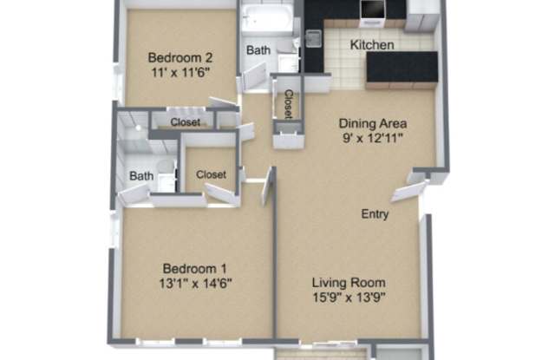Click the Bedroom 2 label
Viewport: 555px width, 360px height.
[x=180, y=57]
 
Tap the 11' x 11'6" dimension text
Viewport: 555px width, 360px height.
[x=180, y=73]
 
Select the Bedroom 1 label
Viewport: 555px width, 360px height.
[x=194, y=269]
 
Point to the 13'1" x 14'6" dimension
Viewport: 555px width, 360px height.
[x=195, y=284]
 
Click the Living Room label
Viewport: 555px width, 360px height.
[x=349, y=283]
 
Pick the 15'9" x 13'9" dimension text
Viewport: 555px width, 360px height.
[x=349, y=298]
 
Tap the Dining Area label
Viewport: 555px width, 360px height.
[x=373, y=123]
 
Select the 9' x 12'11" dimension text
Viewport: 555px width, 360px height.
[x=373, y=138]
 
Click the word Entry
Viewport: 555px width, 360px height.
[x=375, y=214]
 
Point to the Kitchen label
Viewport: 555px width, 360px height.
[x=372, y=45]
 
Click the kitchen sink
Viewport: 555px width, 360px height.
[x=314, y=38]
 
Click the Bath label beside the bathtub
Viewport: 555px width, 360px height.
[x=258, y=50]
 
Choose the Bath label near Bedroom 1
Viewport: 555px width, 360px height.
[x=141, y=176]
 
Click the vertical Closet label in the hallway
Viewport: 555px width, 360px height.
[x=289, y=104]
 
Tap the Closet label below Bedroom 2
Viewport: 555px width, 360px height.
[x=186, y=122]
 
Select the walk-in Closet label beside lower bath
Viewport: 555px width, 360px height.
[x=211, y=174]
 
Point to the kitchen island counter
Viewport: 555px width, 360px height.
[x=402, y=69]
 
